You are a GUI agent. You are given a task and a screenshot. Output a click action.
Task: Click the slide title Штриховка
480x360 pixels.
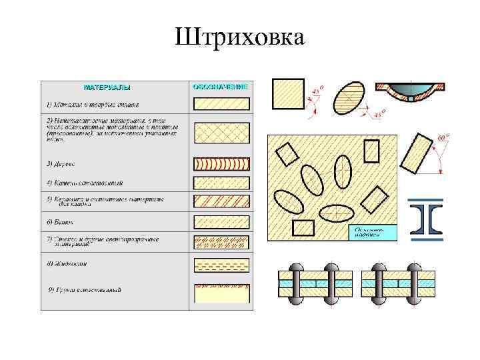point(240,37)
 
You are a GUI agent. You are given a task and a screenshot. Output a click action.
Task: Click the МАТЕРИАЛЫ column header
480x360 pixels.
point(107,87)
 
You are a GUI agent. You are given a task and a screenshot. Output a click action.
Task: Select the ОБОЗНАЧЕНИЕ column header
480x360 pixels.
point(220,87)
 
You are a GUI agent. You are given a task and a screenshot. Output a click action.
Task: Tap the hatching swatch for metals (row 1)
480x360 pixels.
point(221,104)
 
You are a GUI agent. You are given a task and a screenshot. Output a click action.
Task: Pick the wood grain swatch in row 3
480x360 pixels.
point(221,164)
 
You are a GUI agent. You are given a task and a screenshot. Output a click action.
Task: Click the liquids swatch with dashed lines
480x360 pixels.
point(221,265)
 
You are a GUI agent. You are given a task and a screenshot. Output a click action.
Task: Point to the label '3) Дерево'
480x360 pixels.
point(61,163)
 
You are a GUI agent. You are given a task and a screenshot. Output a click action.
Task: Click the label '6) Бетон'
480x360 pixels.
point(60,221)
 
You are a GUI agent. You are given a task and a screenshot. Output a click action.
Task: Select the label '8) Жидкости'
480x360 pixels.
point(67,264)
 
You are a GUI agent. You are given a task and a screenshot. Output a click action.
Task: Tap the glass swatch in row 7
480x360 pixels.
point(221,242)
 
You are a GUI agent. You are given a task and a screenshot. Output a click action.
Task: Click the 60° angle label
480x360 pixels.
point(443,139)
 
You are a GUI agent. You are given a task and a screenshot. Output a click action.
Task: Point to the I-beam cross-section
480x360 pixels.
point(426,219)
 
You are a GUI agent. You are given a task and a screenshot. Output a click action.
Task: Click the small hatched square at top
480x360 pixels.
point(289,94)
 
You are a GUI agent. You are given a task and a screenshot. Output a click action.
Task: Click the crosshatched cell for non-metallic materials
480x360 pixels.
point(221,133)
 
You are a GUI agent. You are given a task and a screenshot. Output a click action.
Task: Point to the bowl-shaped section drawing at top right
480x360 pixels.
point(411,92)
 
